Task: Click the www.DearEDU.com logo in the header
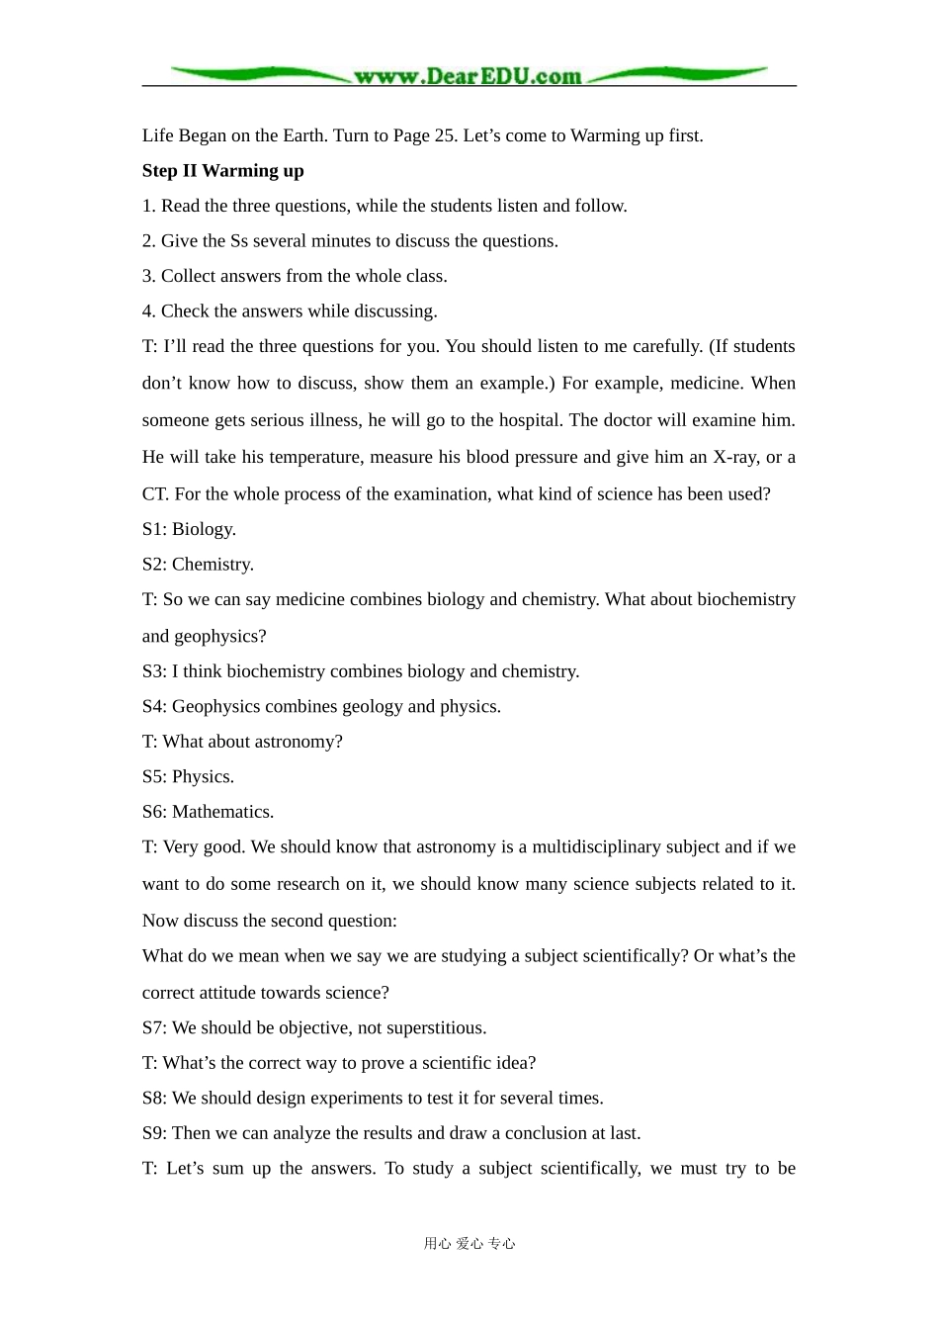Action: pyautogui.click(x=468, y=75)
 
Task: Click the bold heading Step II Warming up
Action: pyautogui.click(x=222, y=171)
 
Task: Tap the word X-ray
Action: pyautogui.click(x=735, y=457)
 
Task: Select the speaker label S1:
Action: pyautogui.click(x=154, y=529)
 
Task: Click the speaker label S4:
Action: pyautogui.click(x=154, y=706)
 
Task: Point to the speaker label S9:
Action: pyautogui.click(x=154, y=1133)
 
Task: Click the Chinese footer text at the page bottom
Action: pyautogui.click(x=469, y=1244)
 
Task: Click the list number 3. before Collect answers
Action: pyautogui.click(x=148, y=276)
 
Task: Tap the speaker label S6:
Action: pyautogui.click(x=154, y=812)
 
